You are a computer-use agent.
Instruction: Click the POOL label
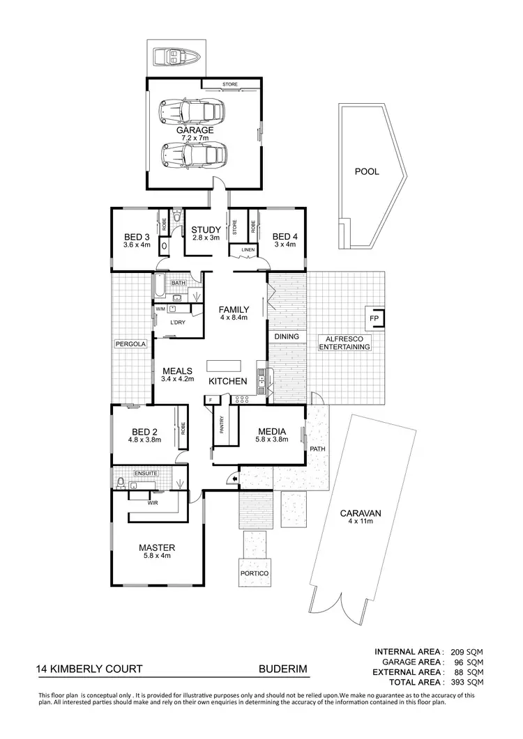click(x=367, y=171)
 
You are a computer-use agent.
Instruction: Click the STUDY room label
click(x=206, y=230)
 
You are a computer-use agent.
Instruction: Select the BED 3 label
click(x=137, y=236)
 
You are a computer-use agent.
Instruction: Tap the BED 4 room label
click(x=285, y=236)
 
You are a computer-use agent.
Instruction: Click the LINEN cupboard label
click(x=247, y=249)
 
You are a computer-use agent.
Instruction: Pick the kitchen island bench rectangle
click(x=224, y=366)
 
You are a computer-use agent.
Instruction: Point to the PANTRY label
click(x=222, y=424)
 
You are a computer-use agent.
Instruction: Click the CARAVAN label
click(x=360, y=513)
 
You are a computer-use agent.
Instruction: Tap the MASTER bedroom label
click(x=156, y=547)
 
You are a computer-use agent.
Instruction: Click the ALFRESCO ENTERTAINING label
click(x=344, y=342)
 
